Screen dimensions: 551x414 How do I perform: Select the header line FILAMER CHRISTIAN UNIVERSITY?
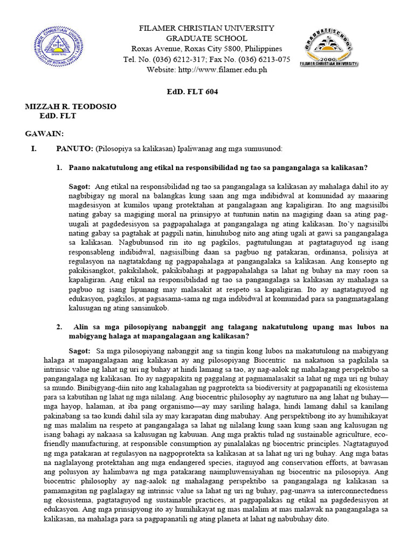click(x=207, y=28)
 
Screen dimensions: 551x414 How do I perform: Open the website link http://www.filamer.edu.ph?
click(x=222, y=69)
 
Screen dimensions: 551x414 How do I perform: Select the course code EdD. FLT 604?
click(x=192, y=91)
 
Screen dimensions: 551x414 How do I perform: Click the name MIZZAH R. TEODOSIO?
click(x=71, y=107)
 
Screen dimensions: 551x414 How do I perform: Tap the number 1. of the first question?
click(x=60, y=167)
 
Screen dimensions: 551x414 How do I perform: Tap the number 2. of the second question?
click(x=60, y=327)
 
